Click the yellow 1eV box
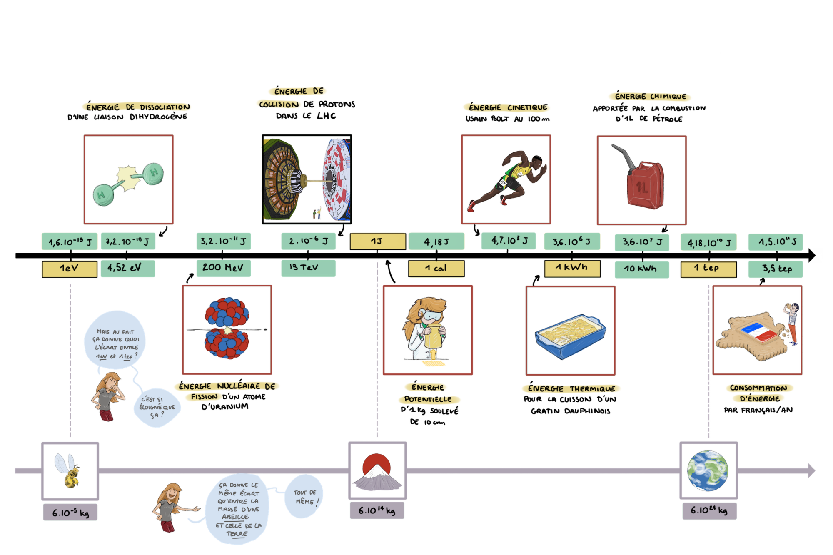(x=69, y=268)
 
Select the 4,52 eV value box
(x=127, y=268)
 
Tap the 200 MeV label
(x=224, y=268)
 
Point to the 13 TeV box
(x=308, y=268)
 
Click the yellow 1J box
(x=377, y=241)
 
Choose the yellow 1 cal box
(x=436, y=269)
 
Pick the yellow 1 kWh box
(x=572, y=268)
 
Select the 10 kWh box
(x=641, y=269)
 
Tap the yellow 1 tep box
(x=708, y=269)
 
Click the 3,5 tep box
(x=776, y=269)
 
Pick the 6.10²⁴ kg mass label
(x=709, y=511)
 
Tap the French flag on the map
(x=759, y=332)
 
